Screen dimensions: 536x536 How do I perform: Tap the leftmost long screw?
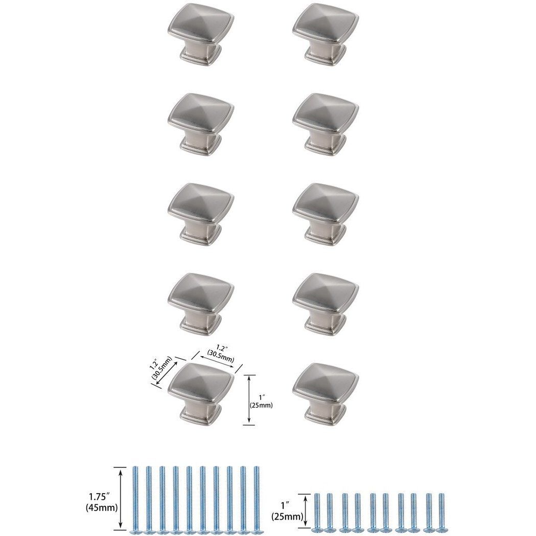tap(136, 498)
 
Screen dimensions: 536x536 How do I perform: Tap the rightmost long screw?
tap(257, 498)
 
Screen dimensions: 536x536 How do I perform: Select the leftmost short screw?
tap(318, 512)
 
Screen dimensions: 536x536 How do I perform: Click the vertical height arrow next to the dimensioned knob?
tap(249, 399)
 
